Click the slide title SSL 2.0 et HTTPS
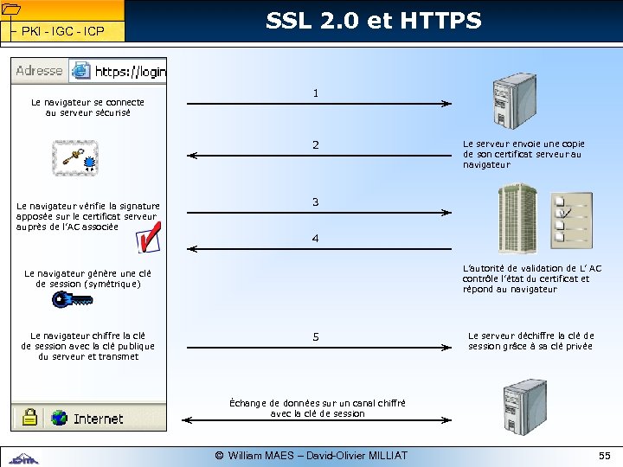373,21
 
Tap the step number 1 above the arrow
316,93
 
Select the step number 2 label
316,144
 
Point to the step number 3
316,202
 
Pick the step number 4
316,238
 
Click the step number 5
316,336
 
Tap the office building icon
517,216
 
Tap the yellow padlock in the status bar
29,417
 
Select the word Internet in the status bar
98,419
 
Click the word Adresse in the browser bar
39,71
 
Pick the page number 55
604,455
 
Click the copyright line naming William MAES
311,455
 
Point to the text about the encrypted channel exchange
318,408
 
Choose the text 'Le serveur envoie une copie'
523,144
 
